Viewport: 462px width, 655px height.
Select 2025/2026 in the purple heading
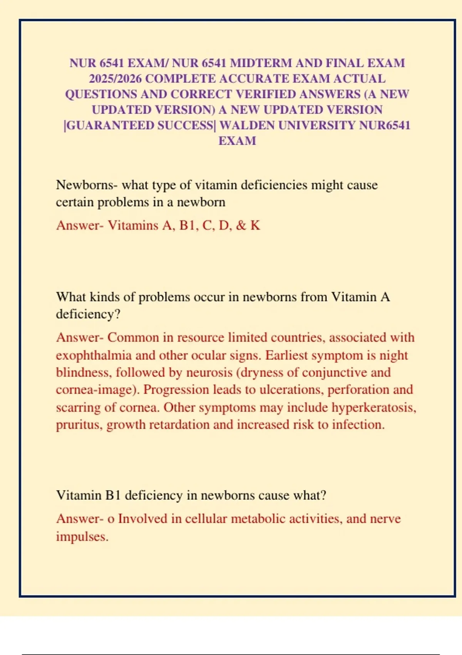pos(115,79)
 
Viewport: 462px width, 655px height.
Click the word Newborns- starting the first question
pos(87,185)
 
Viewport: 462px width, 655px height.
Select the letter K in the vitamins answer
pos(255,225)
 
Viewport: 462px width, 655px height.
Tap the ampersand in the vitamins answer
pos(241,225)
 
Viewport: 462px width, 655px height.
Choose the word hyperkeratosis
pos(374,407)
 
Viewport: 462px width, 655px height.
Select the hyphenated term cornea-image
pos(97,390)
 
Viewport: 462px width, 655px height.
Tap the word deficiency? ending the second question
pos(88,314)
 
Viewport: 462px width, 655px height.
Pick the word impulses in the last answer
pos(82,537)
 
